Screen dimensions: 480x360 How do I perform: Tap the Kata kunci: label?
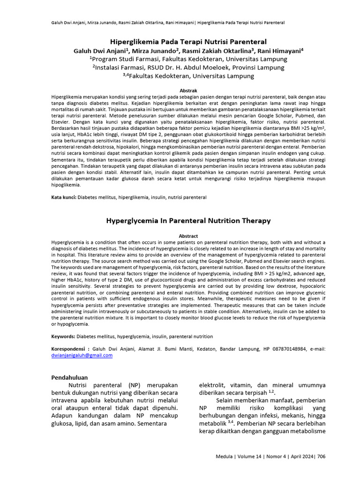coord(63,198)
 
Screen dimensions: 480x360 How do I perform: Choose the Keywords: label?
coord(63,337)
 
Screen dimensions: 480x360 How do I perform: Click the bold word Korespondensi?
coord(69,349)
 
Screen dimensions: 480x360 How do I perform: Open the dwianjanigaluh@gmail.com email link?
coord(82,355)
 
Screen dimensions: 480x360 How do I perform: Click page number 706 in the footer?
coord(321,456)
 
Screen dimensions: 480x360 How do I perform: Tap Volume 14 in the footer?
coord(252,456)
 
